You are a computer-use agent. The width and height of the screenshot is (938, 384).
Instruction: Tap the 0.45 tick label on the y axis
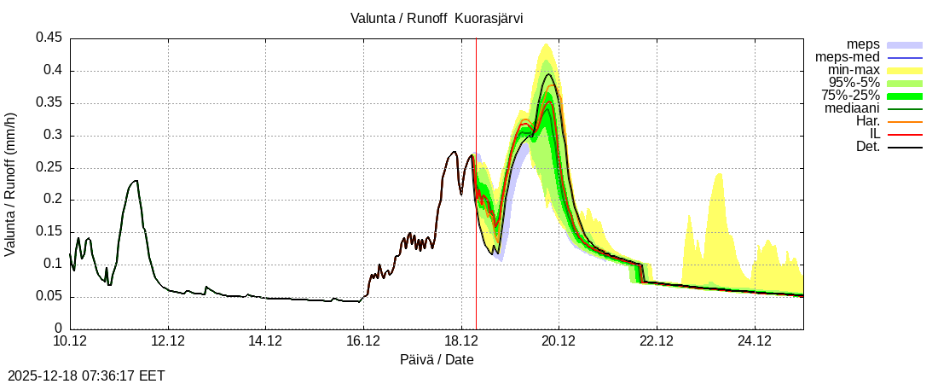(x=49, y=38)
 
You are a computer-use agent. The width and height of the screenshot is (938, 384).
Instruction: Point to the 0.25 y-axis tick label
(x=49, y=167)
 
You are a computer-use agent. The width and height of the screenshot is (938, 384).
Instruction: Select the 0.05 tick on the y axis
(x=49, y=296)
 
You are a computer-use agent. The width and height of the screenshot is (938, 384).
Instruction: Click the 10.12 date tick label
(x=70, y=342)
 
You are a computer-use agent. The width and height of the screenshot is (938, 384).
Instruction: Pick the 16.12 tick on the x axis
(x=363, y=342)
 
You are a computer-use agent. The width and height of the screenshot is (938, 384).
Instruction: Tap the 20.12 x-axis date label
(x=559, y=342)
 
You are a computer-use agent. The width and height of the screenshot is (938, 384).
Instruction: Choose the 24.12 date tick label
(x=754, y=342)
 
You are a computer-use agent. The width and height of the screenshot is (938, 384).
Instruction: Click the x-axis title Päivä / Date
(x=437, y=360)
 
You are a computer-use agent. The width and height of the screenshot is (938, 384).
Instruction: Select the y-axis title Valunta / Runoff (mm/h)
(x=11, y=183)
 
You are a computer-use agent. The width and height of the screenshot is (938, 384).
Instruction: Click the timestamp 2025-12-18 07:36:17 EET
(x=86, y=375)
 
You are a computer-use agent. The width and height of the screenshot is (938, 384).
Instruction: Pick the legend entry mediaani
(x=852, y=108)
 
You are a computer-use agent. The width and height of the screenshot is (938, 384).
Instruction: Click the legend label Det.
(x=867, y=147)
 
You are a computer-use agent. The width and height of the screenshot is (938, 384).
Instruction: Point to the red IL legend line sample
(x=905, y=135)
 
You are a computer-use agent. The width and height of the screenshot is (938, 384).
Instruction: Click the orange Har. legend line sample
(x=905, y=122)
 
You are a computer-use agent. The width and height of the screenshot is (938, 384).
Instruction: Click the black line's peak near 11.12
(x=136, y=181)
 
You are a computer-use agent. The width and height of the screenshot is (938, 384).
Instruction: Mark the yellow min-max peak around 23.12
(x=720, y=174)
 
